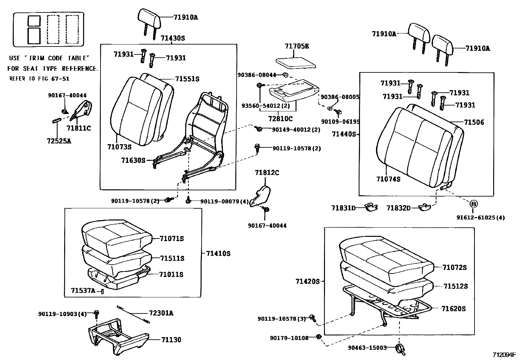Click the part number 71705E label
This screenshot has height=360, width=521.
pos(296,46)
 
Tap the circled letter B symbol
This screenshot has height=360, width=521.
pos(474,204)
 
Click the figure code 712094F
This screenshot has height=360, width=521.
pos(504,354)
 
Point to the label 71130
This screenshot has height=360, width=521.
pos(171,340)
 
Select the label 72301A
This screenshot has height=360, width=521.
pos(161,313)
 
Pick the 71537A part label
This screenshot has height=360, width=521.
pos(83,290)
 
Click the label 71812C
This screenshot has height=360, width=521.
pos(267,173)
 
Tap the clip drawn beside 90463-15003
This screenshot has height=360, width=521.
pos(400,349)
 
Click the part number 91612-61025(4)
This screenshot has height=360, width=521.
pos(480,218)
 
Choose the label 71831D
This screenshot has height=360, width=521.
pos(343,208)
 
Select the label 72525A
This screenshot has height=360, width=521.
pos(59,141)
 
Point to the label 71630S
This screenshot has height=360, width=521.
pos(133,160)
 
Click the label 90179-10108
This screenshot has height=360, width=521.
pos(289,338)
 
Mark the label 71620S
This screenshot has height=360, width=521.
pos(453,309)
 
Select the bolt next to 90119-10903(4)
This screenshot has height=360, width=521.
pos(96,314)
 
